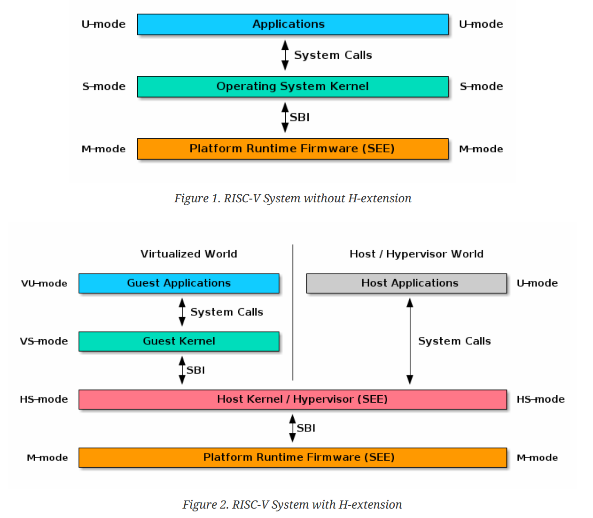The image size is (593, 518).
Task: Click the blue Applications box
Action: tap(292, 24)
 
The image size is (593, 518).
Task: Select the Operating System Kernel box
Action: tap(292, 87)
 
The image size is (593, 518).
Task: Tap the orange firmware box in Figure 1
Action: tap(292, 149)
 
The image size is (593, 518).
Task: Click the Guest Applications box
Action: tap(179, 283)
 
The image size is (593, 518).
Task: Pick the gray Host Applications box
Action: tap(406, 283)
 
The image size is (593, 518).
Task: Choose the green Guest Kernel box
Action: tap(179, 341)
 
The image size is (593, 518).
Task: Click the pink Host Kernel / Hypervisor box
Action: tap(292, 399)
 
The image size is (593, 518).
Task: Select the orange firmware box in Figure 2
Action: tap(292, 457)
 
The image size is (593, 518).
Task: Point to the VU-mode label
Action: tap(44, 283)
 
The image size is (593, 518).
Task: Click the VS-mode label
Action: tap(44, 341)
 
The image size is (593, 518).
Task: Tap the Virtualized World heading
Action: tap(188, 254)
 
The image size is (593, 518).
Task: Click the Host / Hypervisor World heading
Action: tap(416, 254)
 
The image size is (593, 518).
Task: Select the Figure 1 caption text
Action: tap(292, 199)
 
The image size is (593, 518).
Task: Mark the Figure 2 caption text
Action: tap(292, 505)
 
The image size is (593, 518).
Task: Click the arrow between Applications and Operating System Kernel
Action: tap(285, 55)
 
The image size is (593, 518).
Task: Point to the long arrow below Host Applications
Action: tap(410, 341)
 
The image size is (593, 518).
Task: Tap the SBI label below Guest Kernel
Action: tap(195, 370)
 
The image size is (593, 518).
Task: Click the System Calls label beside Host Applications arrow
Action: tap(454, 341)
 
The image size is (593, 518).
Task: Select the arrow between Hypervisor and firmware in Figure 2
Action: tap(292, 428)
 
